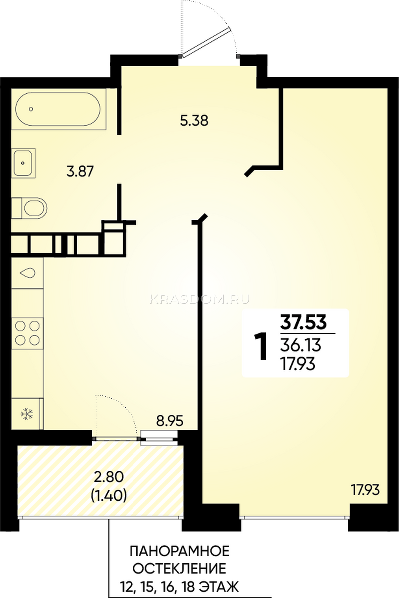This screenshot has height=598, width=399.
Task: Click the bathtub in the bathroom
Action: tap(58, 109)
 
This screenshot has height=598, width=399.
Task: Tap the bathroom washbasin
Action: tap(23, 163)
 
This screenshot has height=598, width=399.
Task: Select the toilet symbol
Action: tap(29, 208)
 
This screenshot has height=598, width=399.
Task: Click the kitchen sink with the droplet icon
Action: tap(27, 273)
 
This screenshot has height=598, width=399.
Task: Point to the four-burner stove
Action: tap(27, 333)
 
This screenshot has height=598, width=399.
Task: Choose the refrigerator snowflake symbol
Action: tap(27, 414)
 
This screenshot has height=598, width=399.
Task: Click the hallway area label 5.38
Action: tap(194, 121)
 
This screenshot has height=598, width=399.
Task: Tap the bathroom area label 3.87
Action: tap(80, 171)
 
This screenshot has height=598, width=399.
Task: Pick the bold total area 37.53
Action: tap(303, 322)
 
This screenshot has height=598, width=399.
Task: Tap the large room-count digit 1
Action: tap(260, 346)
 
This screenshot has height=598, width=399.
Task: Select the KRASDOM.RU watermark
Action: tap(200, 299)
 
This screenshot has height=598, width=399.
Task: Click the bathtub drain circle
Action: tap(31, 109)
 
